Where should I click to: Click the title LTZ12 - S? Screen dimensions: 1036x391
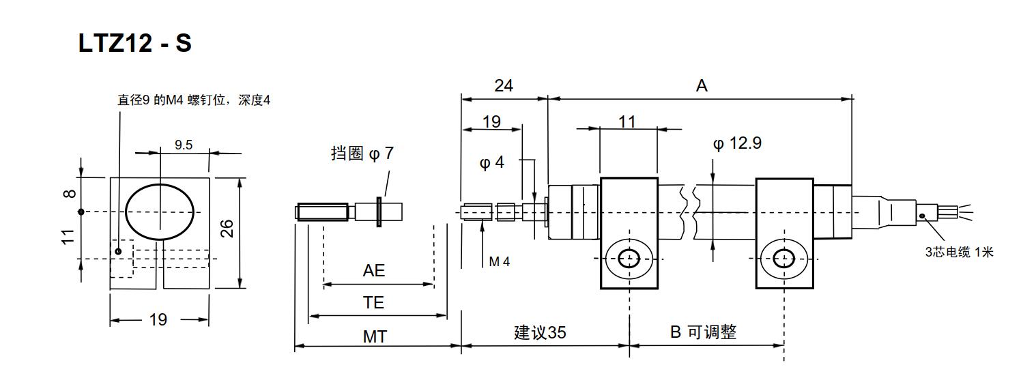134,44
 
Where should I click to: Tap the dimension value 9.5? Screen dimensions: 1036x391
184,145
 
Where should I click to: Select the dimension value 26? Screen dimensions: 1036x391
227,229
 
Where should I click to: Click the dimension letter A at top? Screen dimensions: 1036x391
702,86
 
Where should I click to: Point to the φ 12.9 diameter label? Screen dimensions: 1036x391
737,143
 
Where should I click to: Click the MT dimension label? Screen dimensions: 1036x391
375,337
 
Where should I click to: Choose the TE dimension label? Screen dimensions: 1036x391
374,303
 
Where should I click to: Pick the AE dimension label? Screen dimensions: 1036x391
374,271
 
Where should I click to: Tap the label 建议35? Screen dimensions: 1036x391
541,333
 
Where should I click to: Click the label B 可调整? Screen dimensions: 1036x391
703,332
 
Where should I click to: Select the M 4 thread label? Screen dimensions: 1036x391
500,262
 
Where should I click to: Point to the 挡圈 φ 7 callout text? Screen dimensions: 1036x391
362,153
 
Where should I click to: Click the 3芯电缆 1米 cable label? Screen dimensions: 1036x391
960,252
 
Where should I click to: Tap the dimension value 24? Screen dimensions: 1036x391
504,86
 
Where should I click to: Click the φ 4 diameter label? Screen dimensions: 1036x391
491,162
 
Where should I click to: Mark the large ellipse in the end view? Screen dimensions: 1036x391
125,213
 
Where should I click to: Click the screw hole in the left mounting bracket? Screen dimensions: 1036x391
629,259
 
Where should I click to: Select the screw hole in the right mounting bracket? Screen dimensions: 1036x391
784,259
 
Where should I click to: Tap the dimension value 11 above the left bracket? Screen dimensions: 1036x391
627,122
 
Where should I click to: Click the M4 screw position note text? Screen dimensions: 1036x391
194,100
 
